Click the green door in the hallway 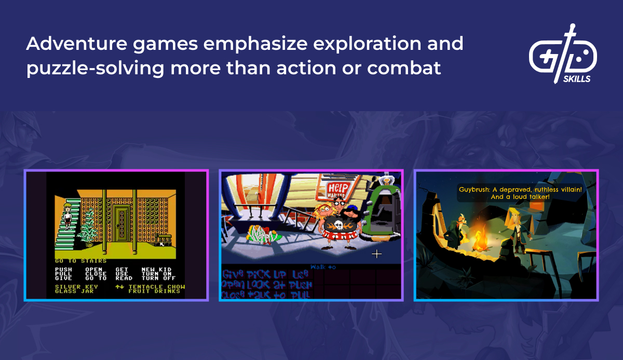(120, 222)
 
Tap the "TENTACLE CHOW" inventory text (156, 286)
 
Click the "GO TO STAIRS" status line (80, 261)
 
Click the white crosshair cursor (377, 254)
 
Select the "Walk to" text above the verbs (323, 266)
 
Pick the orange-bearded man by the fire (459, 229)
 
